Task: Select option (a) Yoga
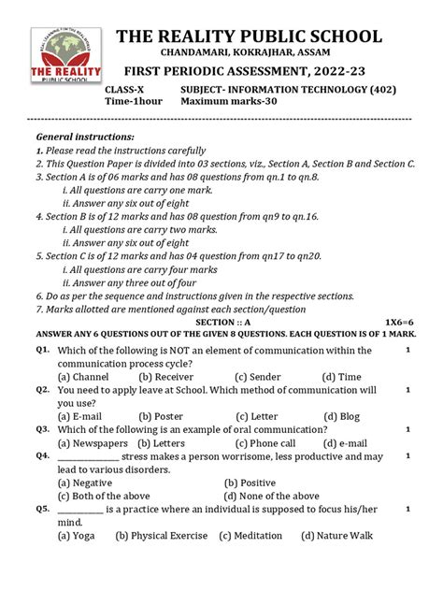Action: click(76, 536)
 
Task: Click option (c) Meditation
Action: click(250, 536)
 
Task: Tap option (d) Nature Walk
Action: click(336, 536)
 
